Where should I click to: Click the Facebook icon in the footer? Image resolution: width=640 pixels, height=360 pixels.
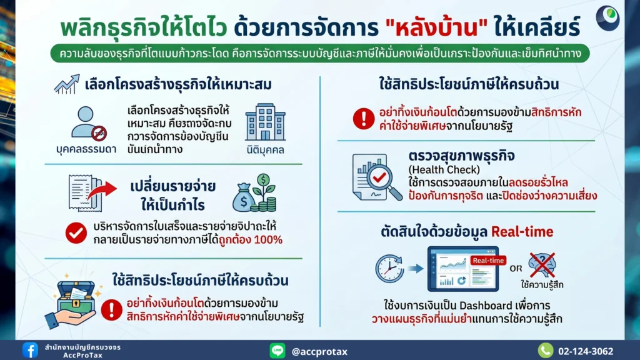tap(30, 350)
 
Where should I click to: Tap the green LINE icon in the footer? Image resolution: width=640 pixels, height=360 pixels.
tap(277, 351)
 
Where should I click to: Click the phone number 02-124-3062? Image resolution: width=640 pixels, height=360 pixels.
tap(585, 351)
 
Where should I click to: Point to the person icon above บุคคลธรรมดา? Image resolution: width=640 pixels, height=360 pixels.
tap(87, 122)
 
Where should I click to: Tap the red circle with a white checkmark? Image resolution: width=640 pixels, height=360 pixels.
tap(76, 232)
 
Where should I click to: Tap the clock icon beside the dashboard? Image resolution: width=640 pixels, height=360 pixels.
tap(389, 269)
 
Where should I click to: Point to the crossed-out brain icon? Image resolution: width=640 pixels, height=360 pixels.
tap(541, 264)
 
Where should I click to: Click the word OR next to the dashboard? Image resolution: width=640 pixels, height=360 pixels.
tap(516, 269)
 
